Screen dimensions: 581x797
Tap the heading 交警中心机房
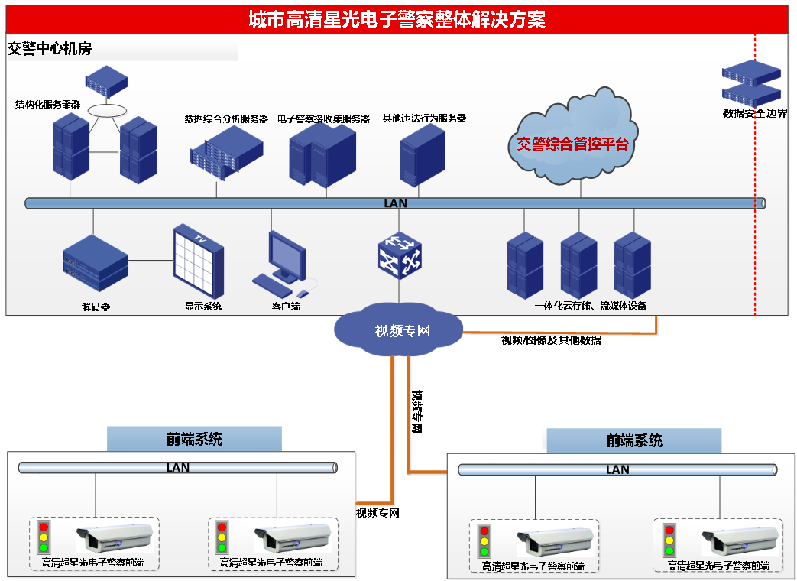point(50,49)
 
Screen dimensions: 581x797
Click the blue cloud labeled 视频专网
point(399,330)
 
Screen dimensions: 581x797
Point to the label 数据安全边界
point(755,113)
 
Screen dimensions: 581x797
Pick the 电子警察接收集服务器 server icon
point(322,154)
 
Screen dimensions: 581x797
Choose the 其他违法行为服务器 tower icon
point(423,155)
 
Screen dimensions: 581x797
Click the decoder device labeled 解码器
point(96,265)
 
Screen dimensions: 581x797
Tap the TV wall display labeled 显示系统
point(199,261)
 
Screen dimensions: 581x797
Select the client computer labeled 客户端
point(282,264)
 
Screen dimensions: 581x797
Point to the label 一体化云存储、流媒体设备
point(590,306)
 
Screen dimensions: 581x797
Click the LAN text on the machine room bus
point(395,203)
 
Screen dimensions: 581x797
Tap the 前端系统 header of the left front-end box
point(194,439)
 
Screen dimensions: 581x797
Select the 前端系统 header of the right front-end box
point(634,441)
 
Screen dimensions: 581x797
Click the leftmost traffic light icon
point(44,537)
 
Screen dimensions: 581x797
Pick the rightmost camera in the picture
point(734,541)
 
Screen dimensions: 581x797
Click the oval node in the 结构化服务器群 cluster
point(105,110)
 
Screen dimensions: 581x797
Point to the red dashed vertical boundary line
point(755,229)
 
